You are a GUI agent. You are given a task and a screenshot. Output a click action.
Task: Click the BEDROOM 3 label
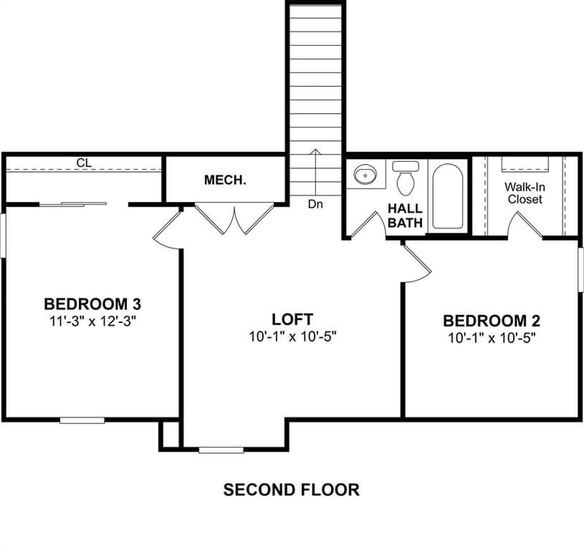coord(93,304)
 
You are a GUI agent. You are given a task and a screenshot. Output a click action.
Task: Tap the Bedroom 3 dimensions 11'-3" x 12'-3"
coord(92,321)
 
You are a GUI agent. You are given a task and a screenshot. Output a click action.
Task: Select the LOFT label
coord(293,319)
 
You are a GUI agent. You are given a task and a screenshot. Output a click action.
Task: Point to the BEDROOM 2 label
coord(491,321)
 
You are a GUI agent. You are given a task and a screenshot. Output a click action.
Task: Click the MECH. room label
coord(225,180)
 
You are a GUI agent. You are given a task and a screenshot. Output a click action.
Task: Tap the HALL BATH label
coord(405,215)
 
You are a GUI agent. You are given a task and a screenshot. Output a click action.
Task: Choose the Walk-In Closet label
coord(525,193)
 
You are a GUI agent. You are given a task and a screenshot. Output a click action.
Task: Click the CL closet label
coord(84,163)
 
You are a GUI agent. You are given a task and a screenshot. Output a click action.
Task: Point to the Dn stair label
coord(315,204)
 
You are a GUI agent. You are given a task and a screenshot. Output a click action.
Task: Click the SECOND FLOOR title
coord(291,489)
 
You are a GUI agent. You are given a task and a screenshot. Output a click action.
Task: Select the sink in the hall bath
coord(365,174)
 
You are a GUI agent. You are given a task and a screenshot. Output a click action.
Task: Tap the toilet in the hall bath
coord(406,178)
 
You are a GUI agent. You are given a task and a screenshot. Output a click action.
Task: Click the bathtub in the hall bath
coord(447,196)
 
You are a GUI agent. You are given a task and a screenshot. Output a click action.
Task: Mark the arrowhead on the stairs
coord(315,151)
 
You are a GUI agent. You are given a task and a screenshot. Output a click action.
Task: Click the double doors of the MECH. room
coord(234,219)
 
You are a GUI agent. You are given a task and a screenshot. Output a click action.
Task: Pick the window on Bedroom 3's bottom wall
coord(82,420)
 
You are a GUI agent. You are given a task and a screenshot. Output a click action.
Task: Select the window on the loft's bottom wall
coord(221,450)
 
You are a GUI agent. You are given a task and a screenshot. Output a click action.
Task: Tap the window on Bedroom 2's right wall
coord(580,270)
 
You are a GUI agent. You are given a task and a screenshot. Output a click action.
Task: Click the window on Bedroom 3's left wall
coord(3,235)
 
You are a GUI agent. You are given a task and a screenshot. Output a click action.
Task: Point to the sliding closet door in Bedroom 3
coord(73,204)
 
